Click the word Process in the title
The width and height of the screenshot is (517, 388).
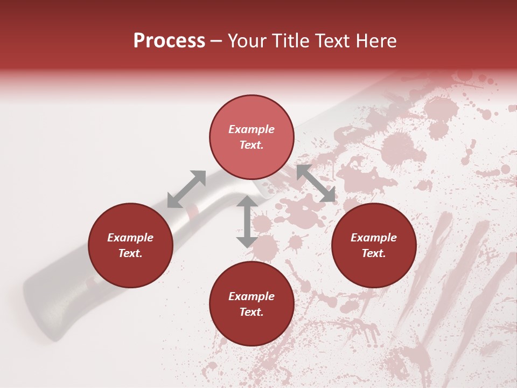coord(169,41)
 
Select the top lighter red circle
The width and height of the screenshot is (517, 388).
coord(251,137)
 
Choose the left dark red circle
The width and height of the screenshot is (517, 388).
coord(130,245)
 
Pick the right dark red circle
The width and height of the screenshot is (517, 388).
coord(374,245)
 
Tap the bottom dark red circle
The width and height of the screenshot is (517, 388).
coord(251,304)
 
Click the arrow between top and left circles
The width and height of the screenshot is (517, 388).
coord(186,189)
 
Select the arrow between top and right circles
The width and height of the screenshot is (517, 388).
coord(316,184)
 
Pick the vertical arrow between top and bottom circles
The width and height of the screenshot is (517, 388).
coord(247,221)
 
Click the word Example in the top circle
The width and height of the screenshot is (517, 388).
coord(251,129)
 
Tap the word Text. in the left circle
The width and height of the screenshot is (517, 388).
coord(130,253)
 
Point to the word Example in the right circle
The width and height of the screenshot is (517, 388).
coord(374,238)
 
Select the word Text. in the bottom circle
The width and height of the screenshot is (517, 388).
coord(251,312)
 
